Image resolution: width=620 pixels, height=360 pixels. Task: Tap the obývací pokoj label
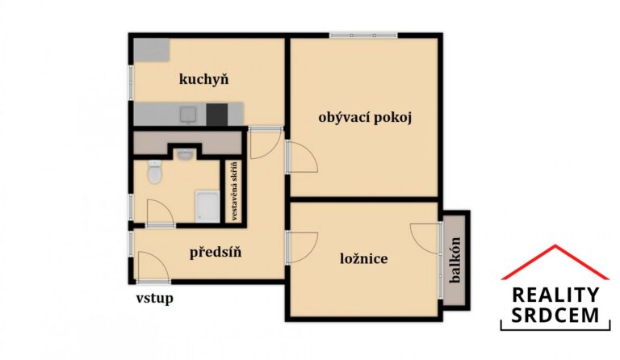pyautogui.click(x=366, y=118)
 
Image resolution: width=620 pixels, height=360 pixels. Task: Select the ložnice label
pyautogui.click(x=363, y=259)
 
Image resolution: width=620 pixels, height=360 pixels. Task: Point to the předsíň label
pyautogui.click(x=216, y=253)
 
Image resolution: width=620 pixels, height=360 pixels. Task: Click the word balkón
pyautogui.click(x=455, y=258)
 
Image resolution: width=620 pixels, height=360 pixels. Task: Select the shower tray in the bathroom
pyautogui.click(x=207, y=207)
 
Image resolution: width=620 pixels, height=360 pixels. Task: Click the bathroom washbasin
pyautogui.click(x=185, y=153)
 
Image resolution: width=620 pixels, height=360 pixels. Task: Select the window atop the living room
pyautogui.click(x=363, y=35)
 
